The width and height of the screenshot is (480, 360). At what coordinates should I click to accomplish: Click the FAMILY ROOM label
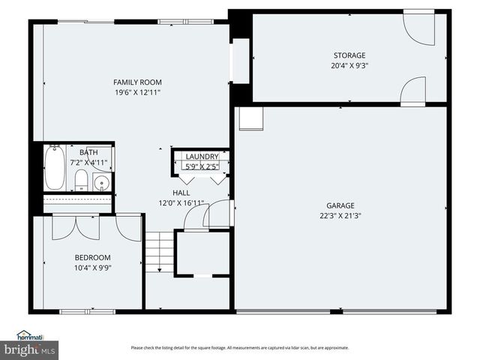point(137,82)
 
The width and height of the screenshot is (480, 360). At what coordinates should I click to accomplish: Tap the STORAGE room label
point(349,55)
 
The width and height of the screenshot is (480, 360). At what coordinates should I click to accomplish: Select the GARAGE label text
point(340,205)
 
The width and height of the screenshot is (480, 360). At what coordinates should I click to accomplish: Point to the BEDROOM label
point(92,256)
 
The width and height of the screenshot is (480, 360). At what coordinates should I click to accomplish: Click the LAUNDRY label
point(201,156)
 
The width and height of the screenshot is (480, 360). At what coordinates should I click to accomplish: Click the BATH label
point(88,152)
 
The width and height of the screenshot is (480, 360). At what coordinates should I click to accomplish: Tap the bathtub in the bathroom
point(55,168)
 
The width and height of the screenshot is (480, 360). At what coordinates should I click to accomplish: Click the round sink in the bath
point(102,182)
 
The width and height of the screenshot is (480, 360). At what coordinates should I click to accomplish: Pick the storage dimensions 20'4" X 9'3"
point(349,65)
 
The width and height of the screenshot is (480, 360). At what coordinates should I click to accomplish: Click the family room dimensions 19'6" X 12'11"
point(137,92)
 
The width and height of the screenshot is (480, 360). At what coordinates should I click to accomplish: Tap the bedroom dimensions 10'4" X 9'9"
point(92,267)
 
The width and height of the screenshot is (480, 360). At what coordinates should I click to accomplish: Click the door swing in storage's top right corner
point(418,28)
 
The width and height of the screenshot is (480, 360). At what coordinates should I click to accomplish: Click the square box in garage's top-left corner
point(250,118)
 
